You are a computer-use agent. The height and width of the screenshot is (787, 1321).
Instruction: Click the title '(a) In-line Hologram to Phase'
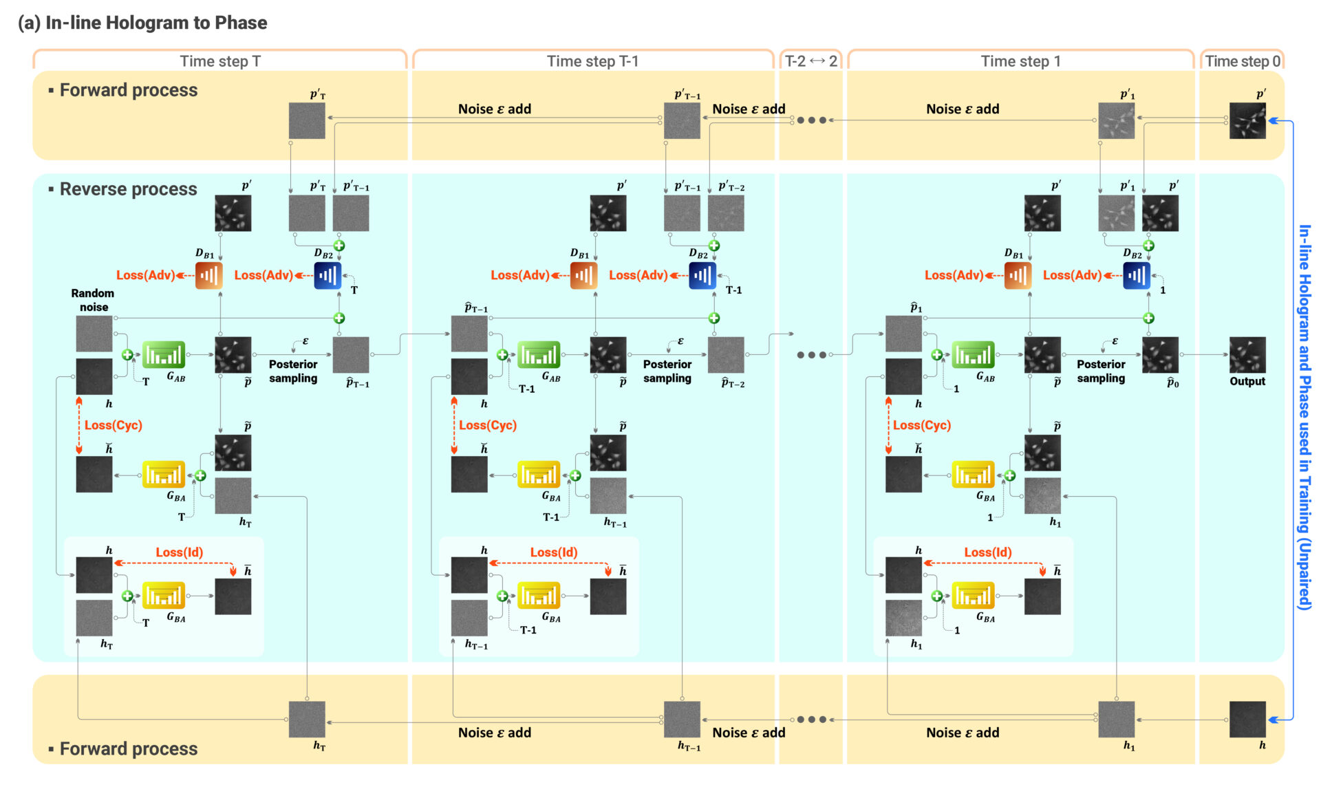[142, 23]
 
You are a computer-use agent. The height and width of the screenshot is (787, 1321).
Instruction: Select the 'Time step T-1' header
[592, 61]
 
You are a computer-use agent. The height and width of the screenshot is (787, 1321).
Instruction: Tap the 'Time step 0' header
[1242, 61]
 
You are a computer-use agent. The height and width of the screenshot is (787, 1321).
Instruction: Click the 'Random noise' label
[93, 300]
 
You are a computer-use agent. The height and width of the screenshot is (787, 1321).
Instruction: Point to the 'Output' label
[1247, 381]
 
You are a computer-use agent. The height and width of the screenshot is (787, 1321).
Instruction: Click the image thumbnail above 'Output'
[1247, 354]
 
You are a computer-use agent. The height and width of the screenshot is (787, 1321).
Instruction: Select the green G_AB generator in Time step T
[163, 355]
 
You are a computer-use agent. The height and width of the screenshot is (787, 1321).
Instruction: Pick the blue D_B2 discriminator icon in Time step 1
[1136, 276]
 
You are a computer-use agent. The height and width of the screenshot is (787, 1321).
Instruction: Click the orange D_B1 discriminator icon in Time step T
[208, 276]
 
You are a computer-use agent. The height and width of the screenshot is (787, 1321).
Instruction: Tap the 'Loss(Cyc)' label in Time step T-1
[488, 425]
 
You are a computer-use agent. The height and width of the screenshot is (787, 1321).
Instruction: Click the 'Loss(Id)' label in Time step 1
[987, 552]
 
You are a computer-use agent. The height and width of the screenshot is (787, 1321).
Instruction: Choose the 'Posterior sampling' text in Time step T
[293, 371]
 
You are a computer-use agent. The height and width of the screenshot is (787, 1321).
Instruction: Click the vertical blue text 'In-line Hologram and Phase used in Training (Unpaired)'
[1304, 416]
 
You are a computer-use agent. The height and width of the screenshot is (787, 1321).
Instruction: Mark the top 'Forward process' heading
[128, 90]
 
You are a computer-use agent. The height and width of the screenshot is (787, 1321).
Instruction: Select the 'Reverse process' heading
[128, 189]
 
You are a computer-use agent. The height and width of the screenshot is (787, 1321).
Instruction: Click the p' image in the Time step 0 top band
[1247, 120]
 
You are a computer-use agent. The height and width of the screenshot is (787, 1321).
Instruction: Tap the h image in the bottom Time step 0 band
[1247, 719]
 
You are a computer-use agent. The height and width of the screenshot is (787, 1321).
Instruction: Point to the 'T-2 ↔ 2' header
[810, 61]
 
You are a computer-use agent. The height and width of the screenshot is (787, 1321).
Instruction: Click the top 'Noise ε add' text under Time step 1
[962, 109]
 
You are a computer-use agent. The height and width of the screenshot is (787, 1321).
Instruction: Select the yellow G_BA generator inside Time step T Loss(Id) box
[163, 596]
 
